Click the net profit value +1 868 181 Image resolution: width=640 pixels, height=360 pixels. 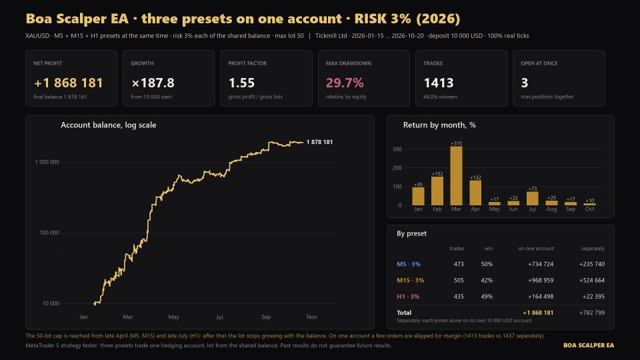click(68, 83)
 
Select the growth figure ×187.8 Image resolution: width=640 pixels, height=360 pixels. click(153, 83)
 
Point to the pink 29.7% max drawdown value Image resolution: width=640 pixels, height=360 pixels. click(345, 83)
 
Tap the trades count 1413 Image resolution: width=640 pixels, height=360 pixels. click(439, 83)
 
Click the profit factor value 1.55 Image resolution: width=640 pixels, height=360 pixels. click(241, 83)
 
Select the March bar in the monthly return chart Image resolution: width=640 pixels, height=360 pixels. click(456, 175)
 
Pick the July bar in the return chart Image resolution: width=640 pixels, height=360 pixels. click(532, 199)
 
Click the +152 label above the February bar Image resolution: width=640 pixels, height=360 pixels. click(437, 174)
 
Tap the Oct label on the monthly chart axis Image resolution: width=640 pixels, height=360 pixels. click(589, 209)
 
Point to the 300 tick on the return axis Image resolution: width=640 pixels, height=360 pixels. click(397, 149)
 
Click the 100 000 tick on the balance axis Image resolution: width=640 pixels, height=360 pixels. click(49, 233)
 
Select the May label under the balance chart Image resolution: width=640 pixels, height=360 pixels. click(173, 317)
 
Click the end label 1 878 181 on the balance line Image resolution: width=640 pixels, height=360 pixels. click(319, 142)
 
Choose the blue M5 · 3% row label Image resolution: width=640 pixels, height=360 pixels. click(409, 264)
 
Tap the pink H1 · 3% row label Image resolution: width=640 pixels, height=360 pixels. click(408, 296)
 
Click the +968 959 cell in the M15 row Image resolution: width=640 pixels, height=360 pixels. click(541, 281)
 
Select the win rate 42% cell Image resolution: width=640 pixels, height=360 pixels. click(487, 281)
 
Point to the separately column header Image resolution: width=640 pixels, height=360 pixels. click(593, 248)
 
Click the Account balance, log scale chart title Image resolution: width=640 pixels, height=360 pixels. click(109, 125)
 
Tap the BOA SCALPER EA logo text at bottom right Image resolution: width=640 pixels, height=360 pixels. click(589, 345)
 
